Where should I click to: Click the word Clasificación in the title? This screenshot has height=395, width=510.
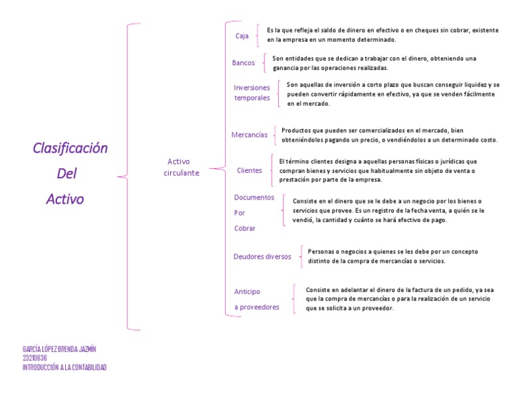point(70,148)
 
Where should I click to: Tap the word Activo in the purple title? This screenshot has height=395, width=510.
point(65,199)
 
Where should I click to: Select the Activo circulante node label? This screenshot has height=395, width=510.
point(181,167)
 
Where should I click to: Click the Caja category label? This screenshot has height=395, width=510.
point(242,36)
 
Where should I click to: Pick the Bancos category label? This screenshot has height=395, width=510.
point(243,63)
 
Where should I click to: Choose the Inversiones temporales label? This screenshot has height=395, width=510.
point(252,92)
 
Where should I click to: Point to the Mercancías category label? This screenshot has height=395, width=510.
point(250,134)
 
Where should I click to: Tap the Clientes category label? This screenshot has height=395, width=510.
point(250,170)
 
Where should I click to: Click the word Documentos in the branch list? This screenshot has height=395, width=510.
point(254,197)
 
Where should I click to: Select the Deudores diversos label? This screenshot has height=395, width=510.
point(262,256)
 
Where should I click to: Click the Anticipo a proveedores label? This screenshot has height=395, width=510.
point(256,299)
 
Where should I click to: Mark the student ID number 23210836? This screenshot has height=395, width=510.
point(35,358)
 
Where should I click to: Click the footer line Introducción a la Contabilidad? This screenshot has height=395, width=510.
point(64,367)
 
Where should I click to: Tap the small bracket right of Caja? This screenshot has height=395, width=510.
point(258,36)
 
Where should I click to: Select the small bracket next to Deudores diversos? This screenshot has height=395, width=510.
point(301,255)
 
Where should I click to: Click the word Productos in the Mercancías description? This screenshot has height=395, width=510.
point(296,130)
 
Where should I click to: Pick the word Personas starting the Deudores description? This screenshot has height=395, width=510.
point(322,251)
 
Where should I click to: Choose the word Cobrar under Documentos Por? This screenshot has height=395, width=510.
point(244,228)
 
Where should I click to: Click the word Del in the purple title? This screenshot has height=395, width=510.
point(67,174)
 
